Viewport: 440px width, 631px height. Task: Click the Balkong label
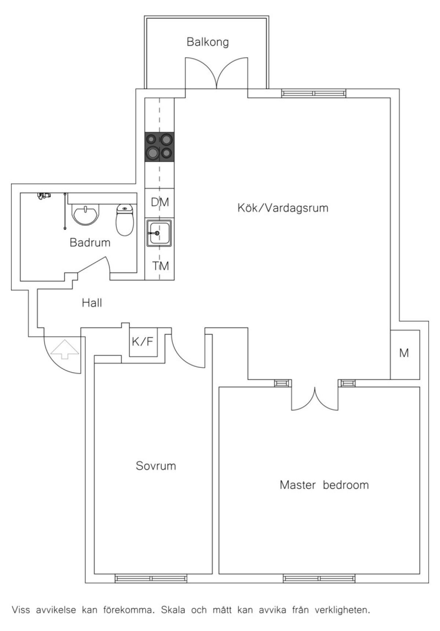coord(208,42)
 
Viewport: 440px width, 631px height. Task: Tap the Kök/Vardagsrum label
coord(283,208)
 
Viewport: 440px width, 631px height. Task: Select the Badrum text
coord(90,242)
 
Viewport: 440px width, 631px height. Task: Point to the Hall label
coord(92,303)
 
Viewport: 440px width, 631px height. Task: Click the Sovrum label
coord(156,466)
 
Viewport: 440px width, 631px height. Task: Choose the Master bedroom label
coord(324,485)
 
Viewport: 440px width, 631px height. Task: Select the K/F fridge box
coord(143,342)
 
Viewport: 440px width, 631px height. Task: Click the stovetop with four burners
coord(159,147)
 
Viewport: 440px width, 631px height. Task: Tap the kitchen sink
coord(159,233)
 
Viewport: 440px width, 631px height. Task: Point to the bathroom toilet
coord(125,220)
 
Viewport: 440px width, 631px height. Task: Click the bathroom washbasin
coord(86,214)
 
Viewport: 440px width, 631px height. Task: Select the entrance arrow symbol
coord(65,349)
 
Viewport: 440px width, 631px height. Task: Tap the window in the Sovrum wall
coord(151,579)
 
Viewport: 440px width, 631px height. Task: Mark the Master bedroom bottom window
coord(319,579)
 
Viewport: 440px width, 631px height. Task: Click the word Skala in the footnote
coord(170,610)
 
